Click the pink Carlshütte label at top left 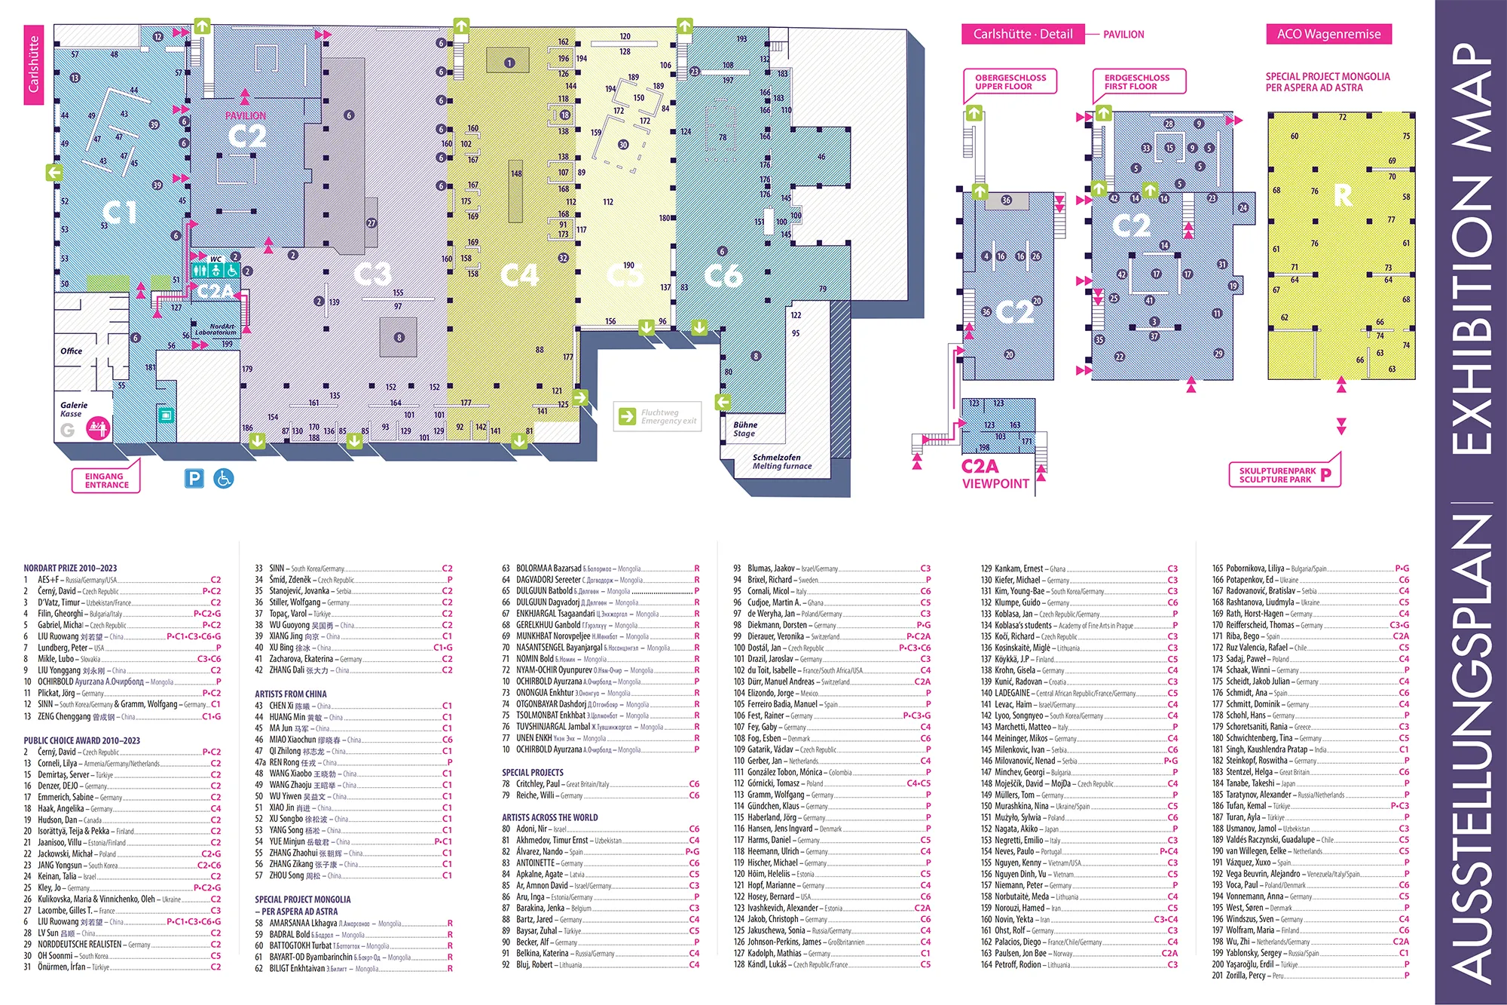tap(33, 65)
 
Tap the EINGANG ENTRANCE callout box tap(106, 481)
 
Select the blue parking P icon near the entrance tap(194, 478)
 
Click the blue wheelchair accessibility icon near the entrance tap(224, 478)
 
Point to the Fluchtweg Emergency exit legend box tap(658, 416)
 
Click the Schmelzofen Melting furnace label tap(781, 461)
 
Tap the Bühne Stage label tap(745, 429)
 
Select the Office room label tap(72, 351)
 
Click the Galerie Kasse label tap(74, 409)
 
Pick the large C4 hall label tap(520, 275)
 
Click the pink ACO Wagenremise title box tap(1328, 34)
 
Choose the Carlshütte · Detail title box tap(1022, 34)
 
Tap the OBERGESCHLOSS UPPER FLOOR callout tap(1010, 81)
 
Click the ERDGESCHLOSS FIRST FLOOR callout tap(1137, 81)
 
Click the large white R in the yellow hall tap(1343, 196)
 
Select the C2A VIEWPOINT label tap(995, 474)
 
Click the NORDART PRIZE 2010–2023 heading tap(70, 568)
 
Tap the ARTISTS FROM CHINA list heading tap(291, 694)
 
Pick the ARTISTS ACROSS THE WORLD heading tap(550, 817)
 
